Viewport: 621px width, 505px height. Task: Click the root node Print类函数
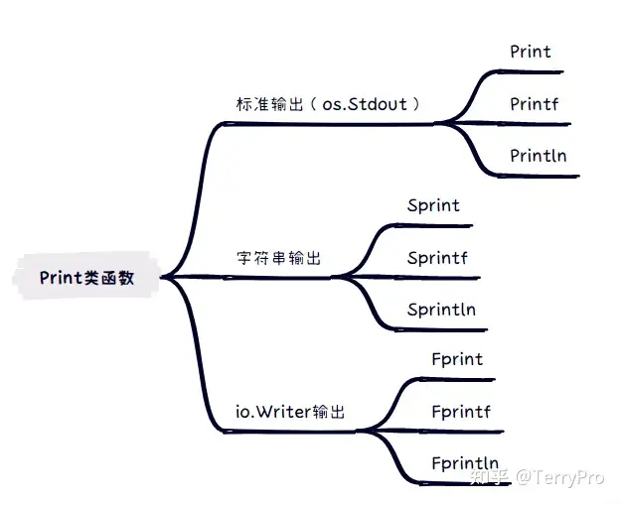coord(86,278)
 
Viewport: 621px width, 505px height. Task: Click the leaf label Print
coord(530,51)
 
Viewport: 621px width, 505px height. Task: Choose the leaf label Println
coord(538,155)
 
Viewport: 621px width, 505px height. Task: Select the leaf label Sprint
coord(433,205)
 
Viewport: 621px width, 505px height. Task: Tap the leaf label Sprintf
coord(436,258)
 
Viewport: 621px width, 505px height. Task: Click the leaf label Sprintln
coord(441,310)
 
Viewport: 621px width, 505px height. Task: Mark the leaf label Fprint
coord(457,359)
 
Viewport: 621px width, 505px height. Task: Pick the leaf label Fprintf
coord(461,411)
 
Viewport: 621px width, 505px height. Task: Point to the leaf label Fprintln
coord(465,462)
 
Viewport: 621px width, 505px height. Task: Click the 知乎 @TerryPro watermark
coord(536,477)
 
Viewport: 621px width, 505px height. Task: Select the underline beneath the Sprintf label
coord(437,278)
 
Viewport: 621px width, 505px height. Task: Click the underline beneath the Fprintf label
coord(462,432)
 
